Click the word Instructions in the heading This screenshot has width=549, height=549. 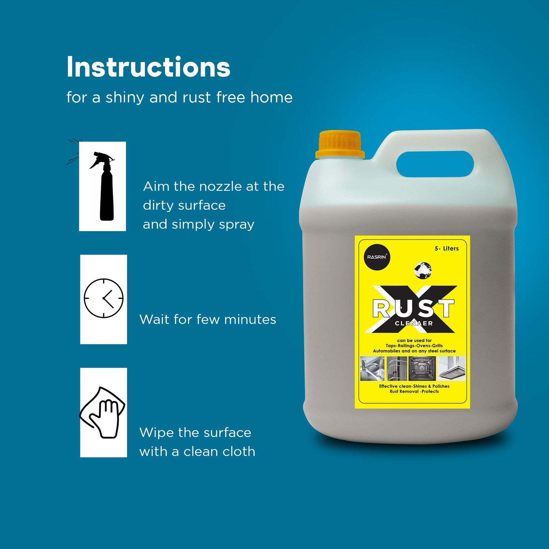click(148, 67)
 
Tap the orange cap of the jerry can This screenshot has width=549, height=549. click(340, 145)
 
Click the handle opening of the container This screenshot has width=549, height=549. click(435, 164)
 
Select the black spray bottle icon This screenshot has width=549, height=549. click(102, 186)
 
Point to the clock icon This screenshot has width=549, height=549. click(104, 298)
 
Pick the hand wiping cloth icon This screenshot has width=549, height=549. click(103, 412)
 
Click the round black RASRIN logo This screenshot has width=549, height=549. click(377, 257)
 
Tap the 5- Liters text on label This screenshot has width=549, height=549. click(446, 248)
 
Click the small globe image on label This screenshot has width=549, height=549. click(423, 270)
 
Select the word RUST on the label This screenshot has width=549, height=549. click(413, 308)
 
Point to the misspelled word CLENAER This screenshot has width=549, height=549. click(414, 323)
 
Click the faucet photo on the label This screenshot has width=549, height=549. click(372, 369)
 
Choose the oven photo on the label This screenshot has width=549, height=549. click(422, 369)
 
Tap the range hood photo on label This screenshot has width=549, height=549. click(452, 369)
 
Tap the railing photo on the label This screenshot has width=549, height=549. click(397, 369)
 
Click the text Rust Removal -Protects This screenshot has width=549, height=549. click(414, 392)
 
